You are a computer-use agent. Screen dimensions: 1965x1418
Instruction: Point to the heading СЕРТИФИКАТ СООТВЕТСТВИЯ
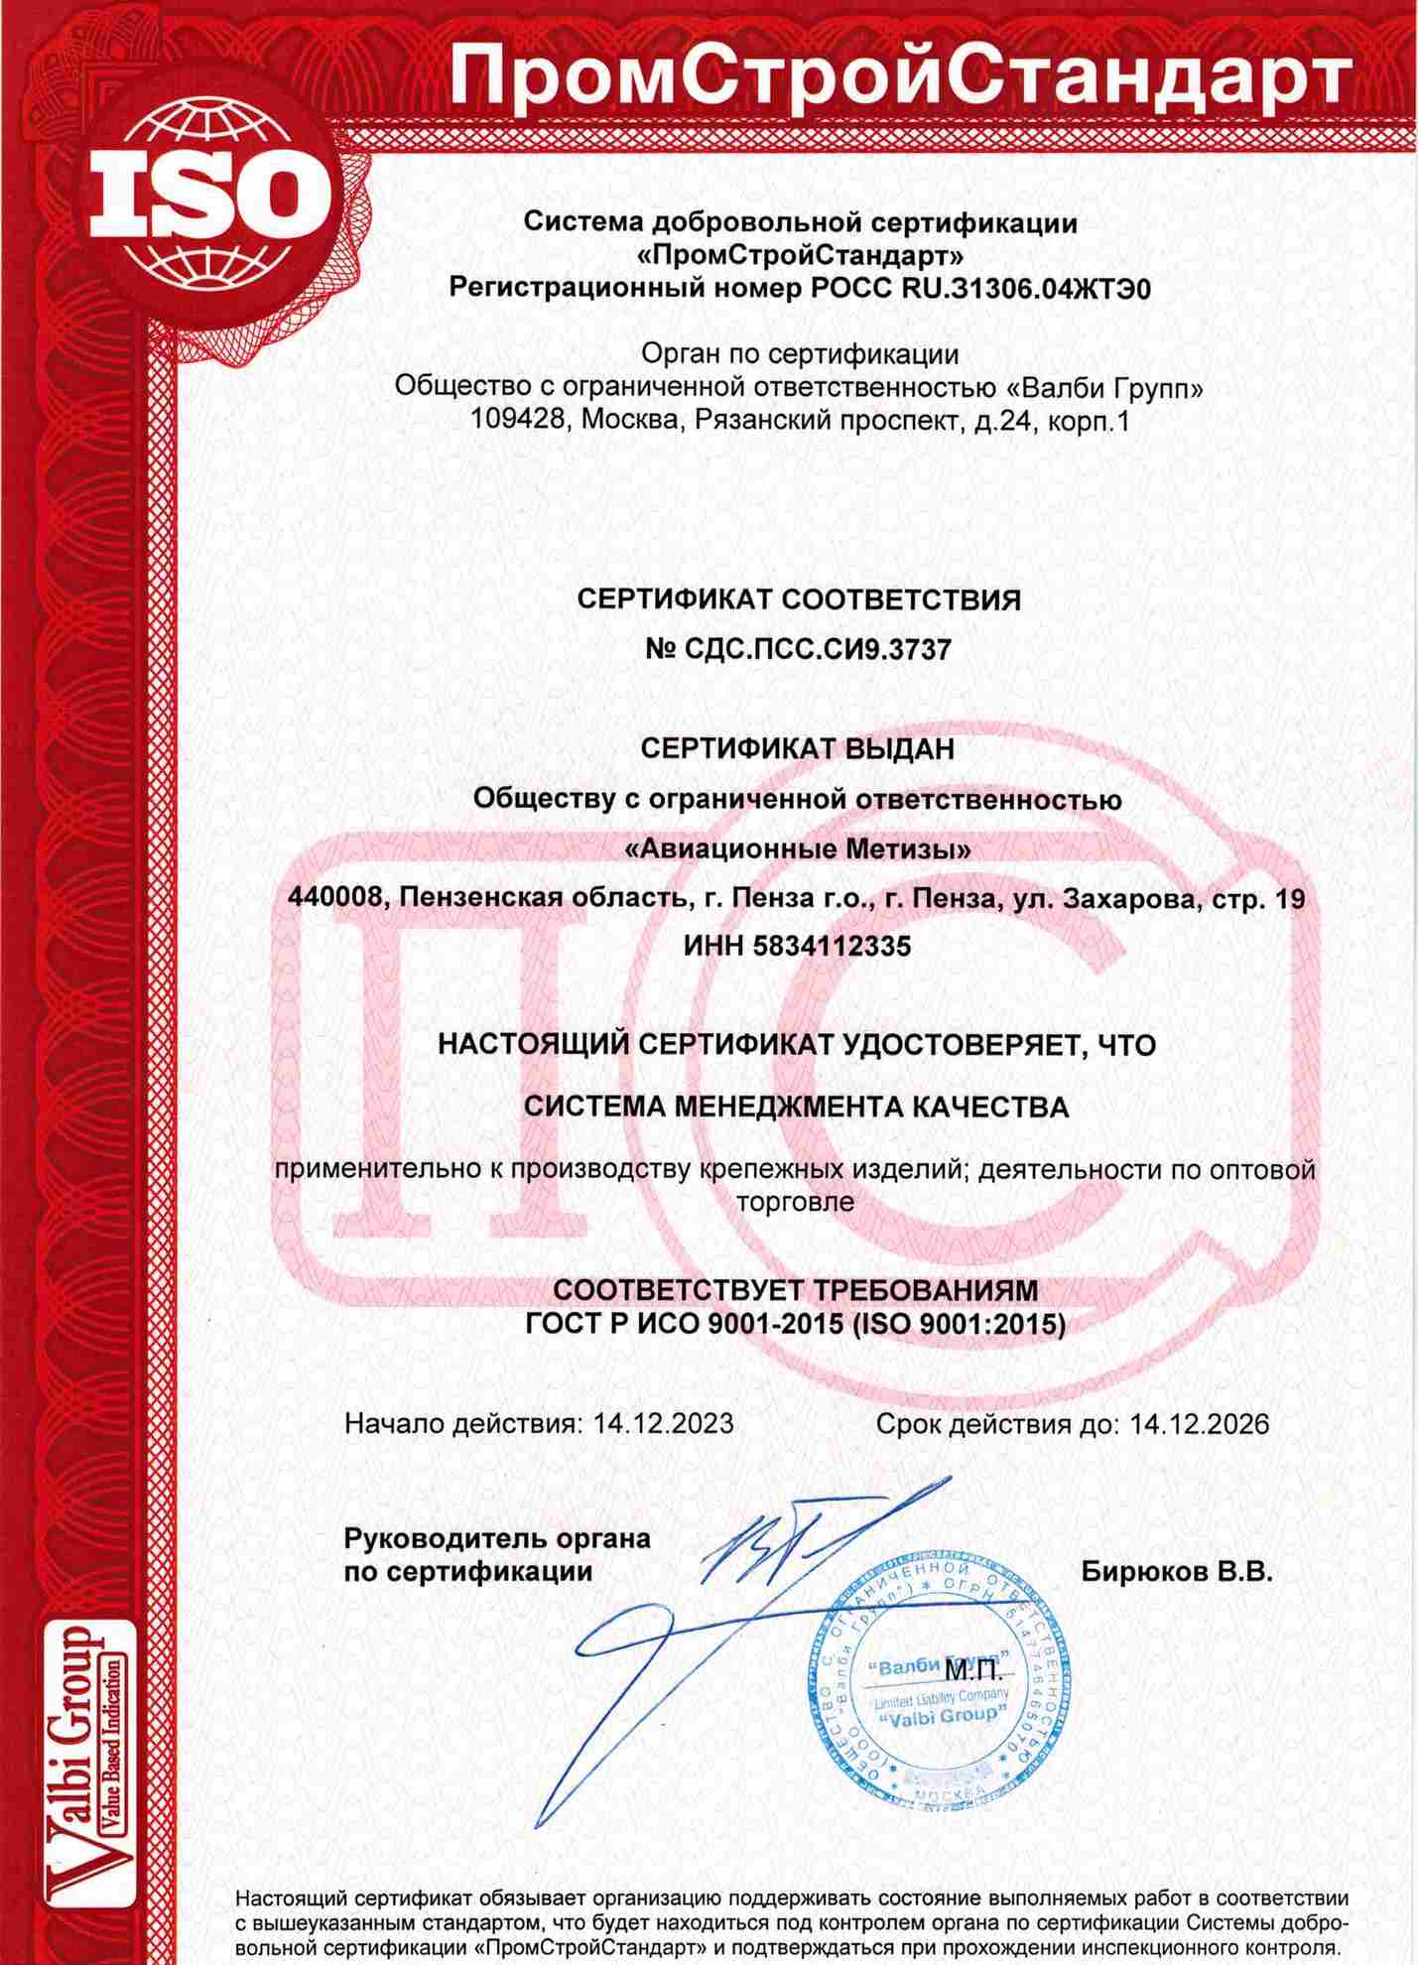799,599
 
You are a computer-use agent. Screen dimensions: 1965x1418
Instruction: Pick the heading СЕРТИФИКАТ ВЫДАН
798,748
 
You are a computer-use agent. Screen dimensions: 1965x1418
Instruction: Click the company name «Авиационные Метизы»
798,850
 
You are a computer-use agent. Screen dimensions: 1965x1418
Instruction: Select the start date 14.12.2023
664,1424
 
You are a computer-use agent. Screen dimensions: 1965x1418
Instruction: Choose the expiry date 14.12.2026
1200,1424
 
